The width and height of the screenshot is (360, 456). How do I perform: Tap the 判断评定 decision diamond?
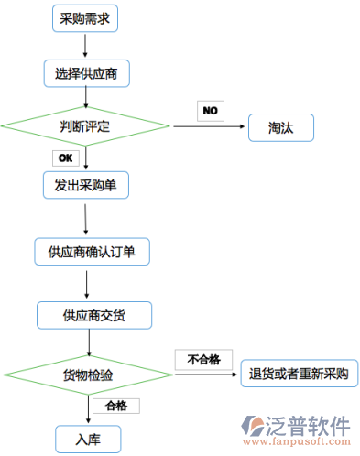click(x=85, y=126)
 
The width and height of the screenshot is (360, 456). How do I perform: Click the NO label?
click(x=211, y=111)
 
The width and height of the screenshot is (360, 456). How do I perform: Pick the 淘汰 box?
click(x=281, y=126)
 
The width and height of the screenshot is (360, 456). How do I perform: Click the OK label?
click(x=65, y=157)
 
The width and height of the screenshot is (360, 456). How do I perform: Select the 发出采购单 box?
click(x=86, y=185)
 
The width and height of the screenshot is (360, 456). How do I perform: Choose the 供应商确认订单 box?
click(x=92, y=250)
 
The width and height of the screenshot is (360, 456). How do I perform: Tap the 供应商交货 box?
click(x=94, y=315)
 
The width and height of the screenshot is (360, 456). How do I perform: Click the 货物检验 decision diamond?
click(x=88, y=374)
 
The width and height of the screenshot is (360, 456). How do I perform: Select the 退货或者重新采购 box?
click(x=300, y=374)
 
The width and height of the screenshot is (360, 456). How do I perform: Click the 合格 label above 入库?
click(x=115, y=405)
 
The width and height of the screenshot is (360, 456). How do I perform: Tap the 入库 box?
click(x=89, y=438)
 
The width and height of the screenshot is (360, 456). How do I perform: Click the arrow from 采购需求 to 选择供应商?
click(x=86, y=45)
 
